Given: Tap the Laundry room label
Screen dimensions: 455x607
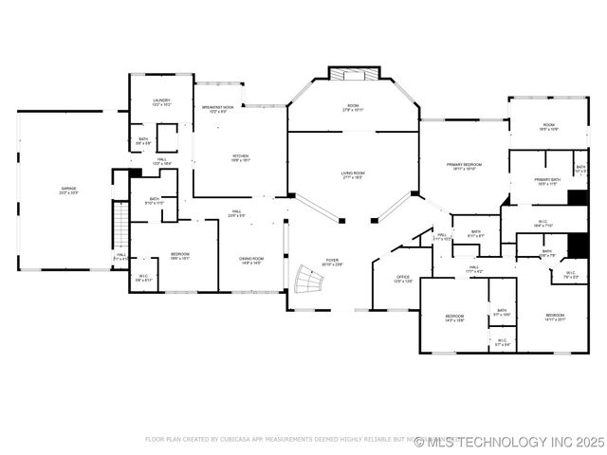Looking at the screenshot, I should point(162,102).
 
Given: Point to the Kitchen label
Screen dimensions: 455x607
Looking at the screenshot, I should point(241,157).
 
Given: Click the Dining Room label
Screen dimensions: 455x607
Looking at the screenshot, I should point(251,261).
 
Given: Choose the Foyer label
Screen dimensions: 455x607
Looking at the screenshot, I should point(332,262).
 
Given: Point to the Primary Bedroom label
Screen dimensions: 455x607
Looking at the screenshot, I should point(465,166).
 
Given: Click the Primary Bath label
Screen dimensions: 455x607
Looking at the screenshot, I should point(547,181).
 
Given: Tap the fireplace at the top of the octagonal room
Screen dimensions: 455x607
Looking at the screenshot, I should point(353,74).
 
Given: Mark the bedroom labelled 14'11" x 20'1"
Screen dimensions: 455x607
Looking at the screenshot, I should point(555,318).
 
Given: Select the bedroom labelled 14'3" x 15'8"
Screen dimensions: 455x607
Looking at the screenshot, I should point(454,318).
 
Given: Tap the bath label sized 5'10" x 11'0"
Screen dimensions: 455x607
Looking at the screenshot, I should point(155,201).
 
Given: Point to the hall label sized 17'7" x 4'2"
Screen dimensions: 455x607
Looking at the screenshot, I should point(473,269).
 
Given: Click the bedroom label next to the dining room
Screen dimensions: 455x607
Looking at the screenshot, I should point(180,255).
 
